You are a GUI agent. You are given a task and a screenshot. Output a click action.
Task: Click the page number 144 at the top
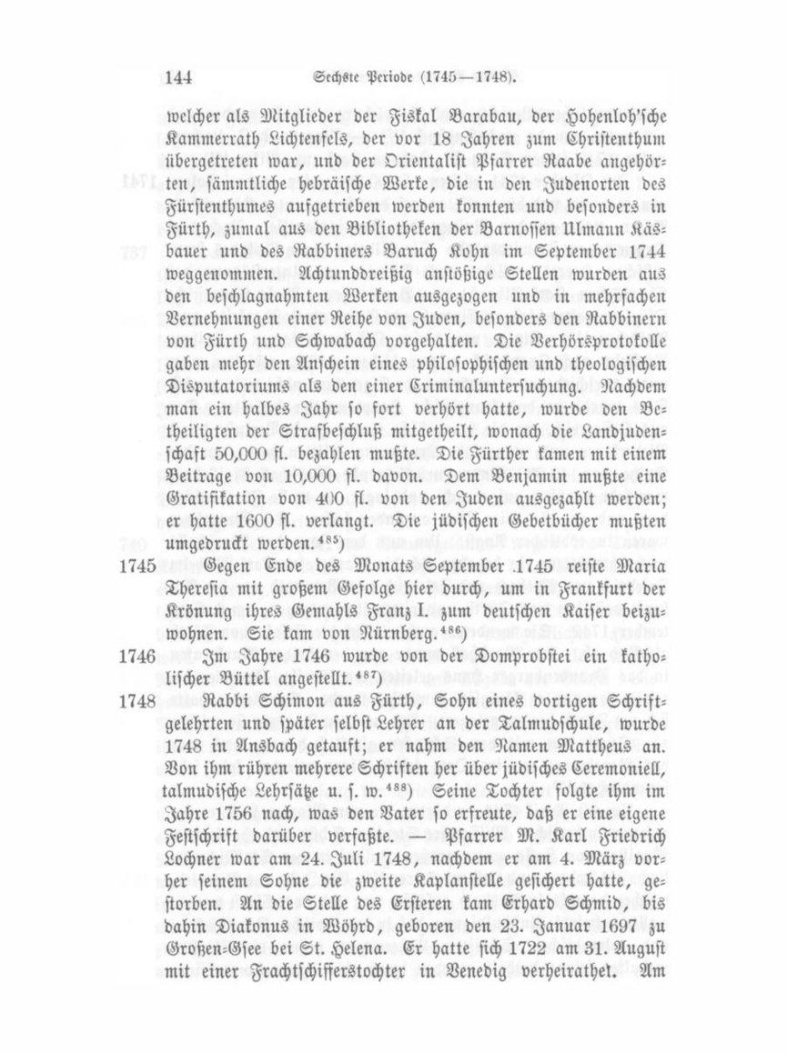coord(180,78)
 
